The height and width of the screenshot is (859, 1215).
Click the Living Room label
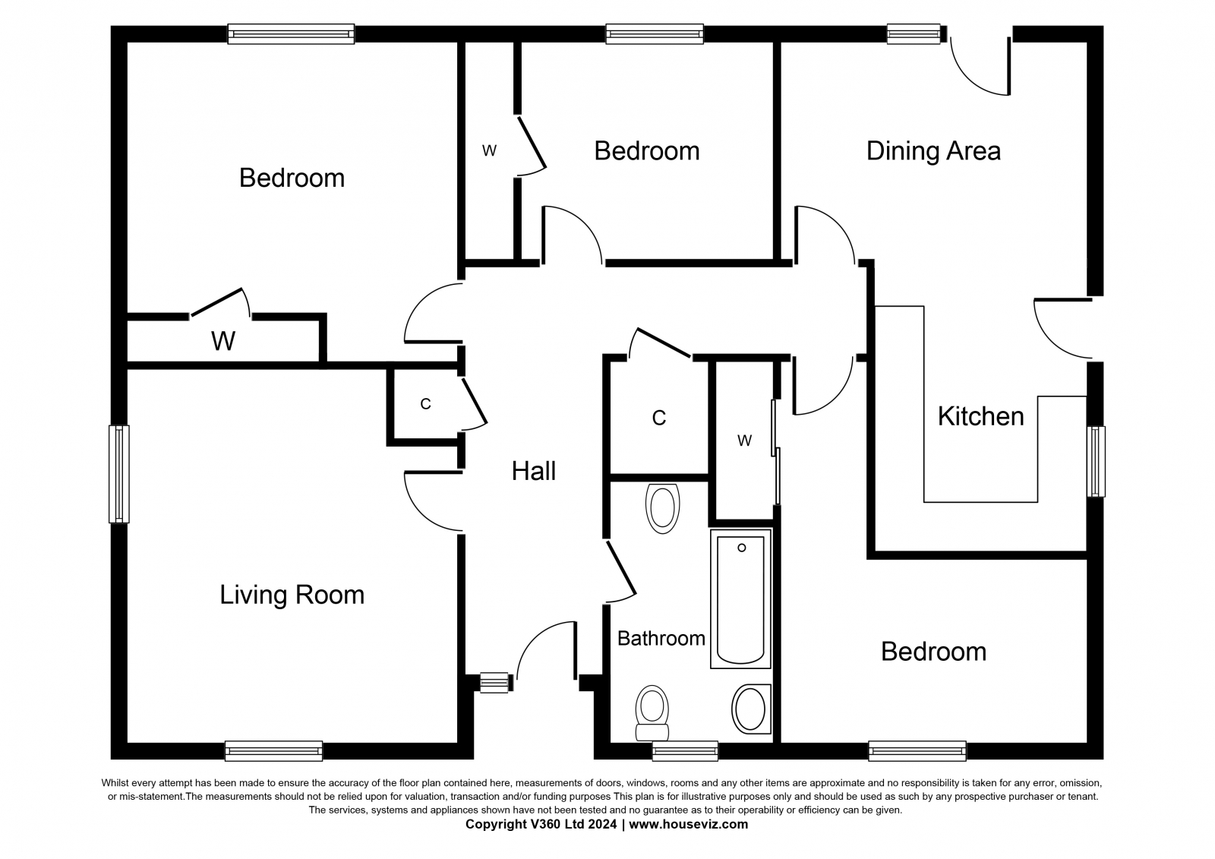(292, 595)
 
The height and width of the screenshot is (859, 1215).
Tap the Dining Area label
(933, 151)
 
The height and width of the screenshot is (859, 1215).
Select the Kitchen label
(980, 417)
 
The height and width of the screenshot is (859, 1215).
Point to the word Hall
(534, 471)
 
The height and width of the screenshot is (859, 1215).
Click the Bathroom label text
(661, 639)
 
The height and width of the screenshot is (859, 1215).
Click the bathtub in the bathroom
(740, 599)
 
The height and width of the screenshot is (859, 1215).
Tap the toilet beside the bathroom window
(652, 713)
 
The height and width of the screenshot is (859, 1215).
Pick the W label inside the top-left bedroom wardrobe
(223, 341)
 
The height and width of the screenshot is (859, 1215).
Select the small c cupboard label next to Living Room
(425, 404)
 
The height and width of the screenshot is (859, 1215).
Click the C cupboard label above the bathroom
(658, 418)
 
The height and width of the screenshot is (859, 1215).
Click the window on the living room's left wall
(118, 474)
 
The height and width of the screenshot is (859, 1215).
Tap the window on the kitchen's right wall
(1096, 462)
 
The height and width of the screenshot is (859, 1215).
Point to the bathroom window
(685, 751)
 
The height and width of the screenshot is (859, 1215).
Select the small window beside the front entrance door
(494, 683)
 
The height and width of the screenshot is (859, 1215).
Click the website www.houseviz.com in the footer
(688, 824)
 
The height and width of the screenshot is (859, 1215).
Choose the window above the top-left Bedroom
(291, 33)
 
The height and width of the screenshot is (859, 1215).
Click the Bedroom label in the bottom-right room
(933, 652)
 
